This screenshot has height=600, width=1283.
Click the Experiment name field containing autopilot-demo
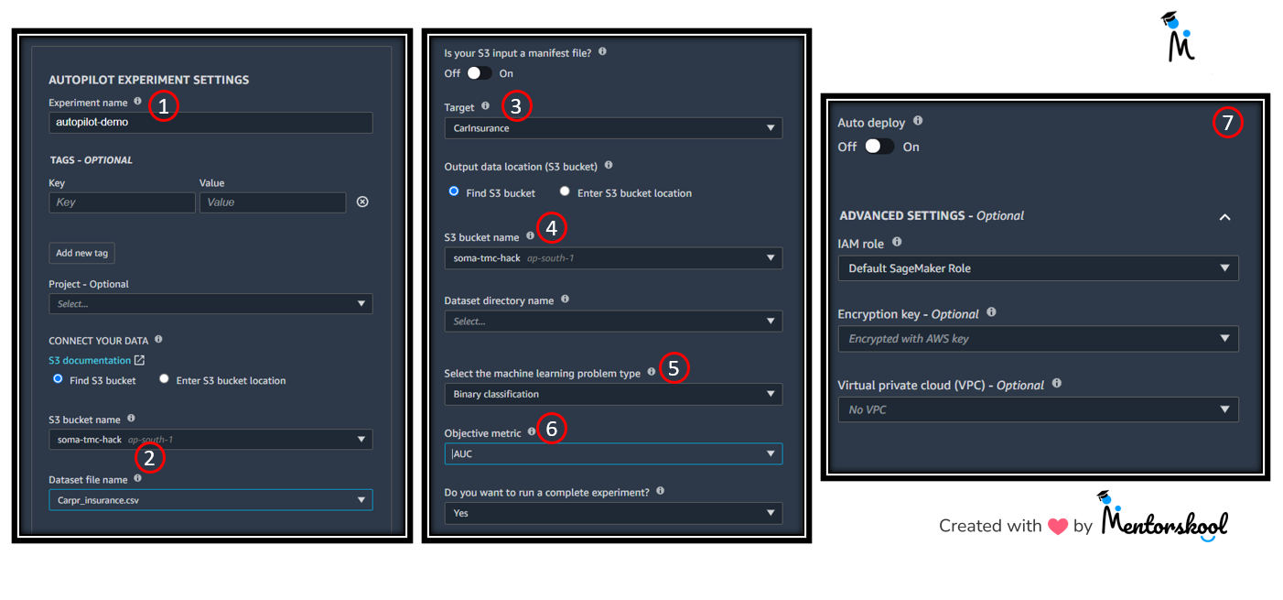(210, 123)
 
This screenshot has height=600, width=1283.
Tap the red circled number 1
(163, 106)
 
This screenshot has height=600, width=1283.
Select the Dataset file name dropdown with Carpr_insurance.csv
(210, 500)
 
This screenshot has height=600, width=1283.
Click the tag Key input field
(122, 202)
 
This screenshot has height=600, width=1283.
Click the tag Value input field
(273, 202)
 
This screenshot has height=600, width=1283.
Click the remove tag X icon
(362, 202)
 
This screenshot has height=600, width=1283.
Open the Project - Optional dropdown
(210, 304)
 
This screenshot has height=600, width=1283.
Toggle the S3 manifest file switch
(479, 73)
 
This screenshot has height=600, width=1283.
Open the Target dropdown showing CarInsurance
(613, 128)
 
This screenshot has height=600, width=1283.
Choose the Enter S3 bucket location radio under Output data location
(565, 191)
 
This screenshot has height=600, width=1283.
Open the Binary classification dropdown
(613, 394)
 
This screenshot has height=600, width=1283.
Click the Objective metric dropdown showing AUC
(613, 453)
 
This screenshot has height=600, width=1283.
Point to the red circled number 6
(552, 428)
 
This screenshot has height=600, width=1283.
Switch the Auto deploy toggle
(879, 147)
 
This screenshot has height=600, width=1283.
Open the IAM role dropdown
(1038, 268)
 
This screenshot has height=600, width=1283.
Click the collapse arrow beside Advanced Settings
(1224, 217)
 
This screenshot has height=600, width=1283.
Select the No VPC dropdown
(1038, 409)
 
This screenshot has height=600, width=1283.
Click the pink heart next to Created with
(1058, 526)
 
